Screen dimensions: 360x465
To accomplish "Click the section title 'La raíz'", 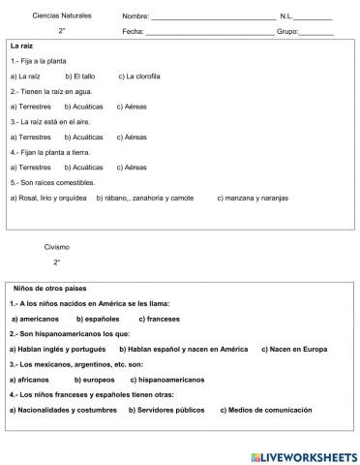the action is pos(22,46).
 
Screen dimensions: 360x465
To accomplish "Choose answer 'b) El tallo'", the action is pos(81,76).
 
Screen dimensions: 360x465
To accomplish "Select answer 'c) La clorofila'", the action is pos(139,76).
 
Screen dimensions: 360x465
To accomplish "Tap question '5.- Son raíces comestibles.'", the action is pos(53,182).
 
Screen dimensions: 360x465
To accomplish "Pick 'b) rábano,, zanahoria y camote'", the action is pos(145,198).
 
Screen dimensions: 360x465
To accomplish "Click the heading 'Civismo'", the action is pos(57,247).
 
